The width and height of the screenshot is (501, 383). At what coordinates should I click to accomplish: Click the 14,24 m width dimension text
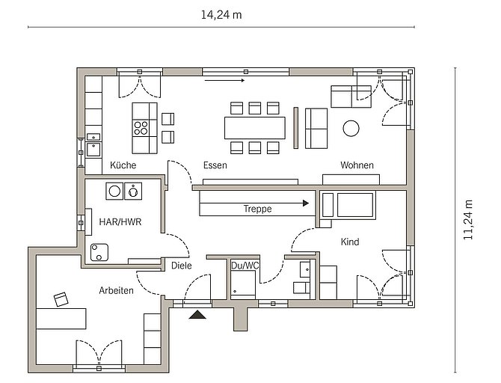(221, 15)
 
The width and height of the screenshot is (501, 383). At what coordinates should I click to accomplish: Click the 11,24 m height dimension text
(468, 220)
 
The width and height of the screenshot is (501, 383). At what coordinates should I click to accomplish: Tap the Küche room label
(123, 165)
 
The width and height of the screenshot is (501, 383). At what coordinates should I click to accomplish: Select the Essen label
(215, 165)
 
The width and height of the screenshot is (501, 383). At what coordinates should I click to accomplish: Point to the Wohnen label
(357, 165)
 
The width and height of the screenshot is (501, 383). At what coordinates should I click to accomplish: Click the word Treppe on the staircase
(257, 209)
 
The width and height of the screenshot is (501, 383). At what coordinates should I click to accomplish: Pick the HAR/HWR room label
(120, 222)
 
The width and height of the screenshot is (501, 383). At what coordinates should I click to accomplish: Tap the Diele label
(182, 266)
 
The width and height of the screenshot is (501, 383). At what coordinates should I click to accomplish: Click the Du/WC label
(245, 266)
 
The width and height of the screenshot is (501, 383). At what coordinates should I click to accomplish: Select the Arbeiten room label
(117, 290)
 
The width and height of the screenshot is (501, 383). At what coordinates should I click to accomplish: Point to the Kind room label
(350, 242)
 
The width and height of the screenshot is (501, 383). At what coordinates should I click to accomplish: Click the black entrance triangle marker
(197, 315)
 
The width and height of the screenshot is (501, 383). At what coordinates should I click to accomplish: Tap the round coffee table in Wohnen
(351, 128)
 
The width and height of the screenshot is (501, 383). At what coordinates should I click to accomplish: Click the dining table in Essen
(255, 128)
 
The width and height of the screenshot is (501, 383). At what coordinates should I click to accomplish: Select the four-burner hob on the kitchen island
(141, 128)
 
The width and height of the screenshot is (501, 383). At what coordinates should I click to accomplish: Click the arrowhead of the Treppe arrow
(306, 203)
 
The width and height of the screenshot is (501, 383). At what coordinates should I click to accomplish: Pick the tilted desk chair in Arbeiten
(61, 299)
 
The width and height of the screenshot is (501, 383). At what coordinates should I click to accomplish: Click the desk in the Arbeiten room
(61, 319)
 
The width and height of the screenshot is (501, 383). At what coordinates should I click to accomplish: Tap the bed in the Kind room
(348, 205)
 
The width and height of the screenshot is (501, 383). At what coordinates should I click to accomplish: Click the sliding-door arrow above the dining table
(224, 81)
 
